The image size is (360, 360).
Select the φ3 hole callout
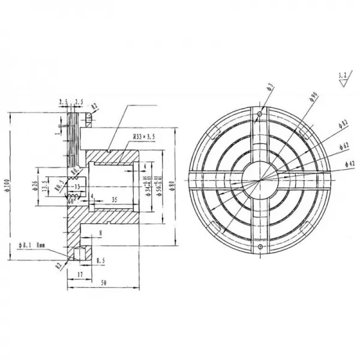click(271, 88)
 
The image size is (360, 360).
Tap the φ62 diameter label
click(344, 145)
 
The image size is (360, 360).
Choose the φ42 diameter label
click(350, 163)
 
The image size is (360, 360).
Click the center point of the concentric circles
click(259, 179)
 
